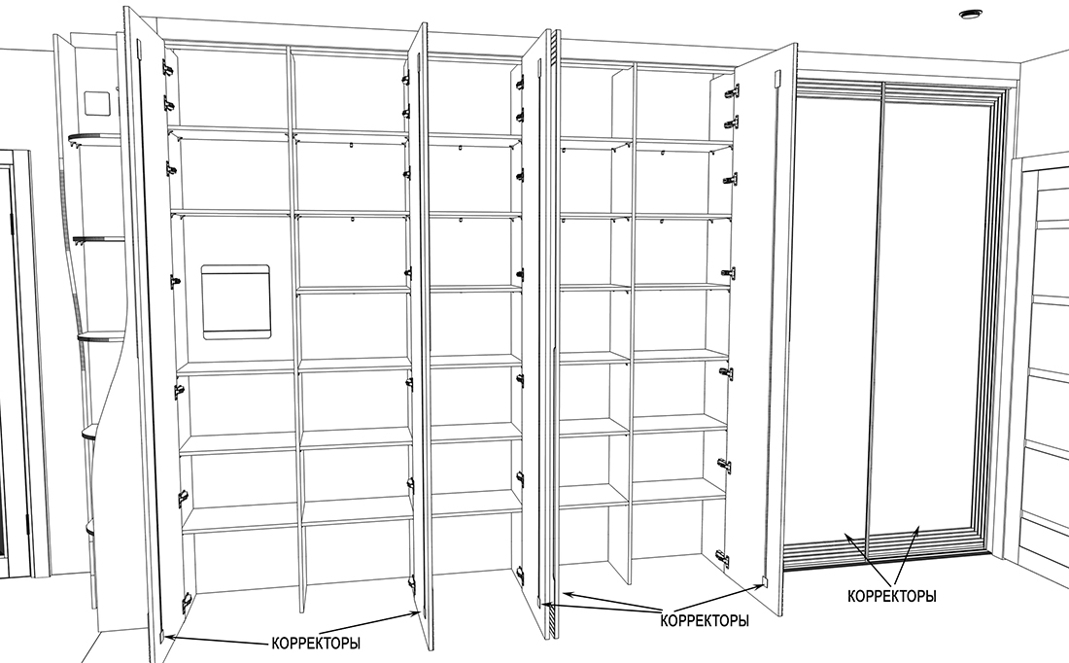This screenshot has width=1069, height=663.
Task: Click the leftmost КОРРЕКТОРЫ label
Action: click(x=313, y=644)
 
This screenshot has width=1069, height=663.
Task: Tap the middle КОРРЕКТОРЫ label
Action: click(x=705, y=619)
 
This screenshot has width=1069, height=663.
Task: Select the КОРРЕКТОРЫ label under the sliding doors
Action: click(x=892, y=596)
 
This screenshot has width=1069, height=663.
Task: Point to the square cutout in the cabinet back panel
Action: click(x=238, y=302)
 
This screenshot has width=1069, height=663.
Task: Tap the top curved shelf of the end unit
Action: click(x=96, y=139)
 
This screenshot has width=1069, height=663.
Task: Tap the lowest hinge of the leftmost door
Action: click(x=185, y=600)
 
